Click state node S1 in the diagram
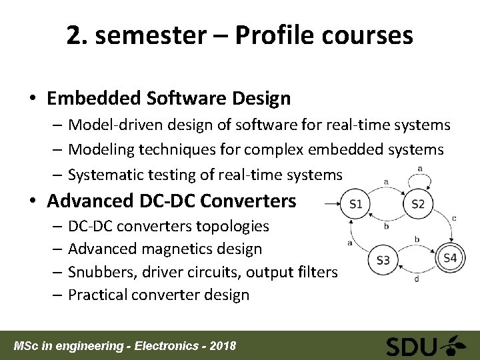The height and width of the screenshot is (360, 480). coord(355,203)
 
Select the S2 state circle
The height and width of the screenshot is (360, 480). coord(418,203)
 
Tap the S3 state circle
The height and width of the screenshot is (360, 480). coord(383,260)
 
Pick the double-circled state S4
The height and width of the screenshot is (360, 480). coord(450,258)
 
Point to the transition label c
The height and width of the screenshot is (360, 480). coord(453,217)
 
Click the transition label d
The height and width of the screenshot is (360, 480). coord(417,279)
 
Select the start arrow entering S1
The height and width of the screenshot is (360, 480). coord(330,203)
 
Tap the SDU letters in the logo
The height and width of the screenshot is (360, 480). coord(412,347)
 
